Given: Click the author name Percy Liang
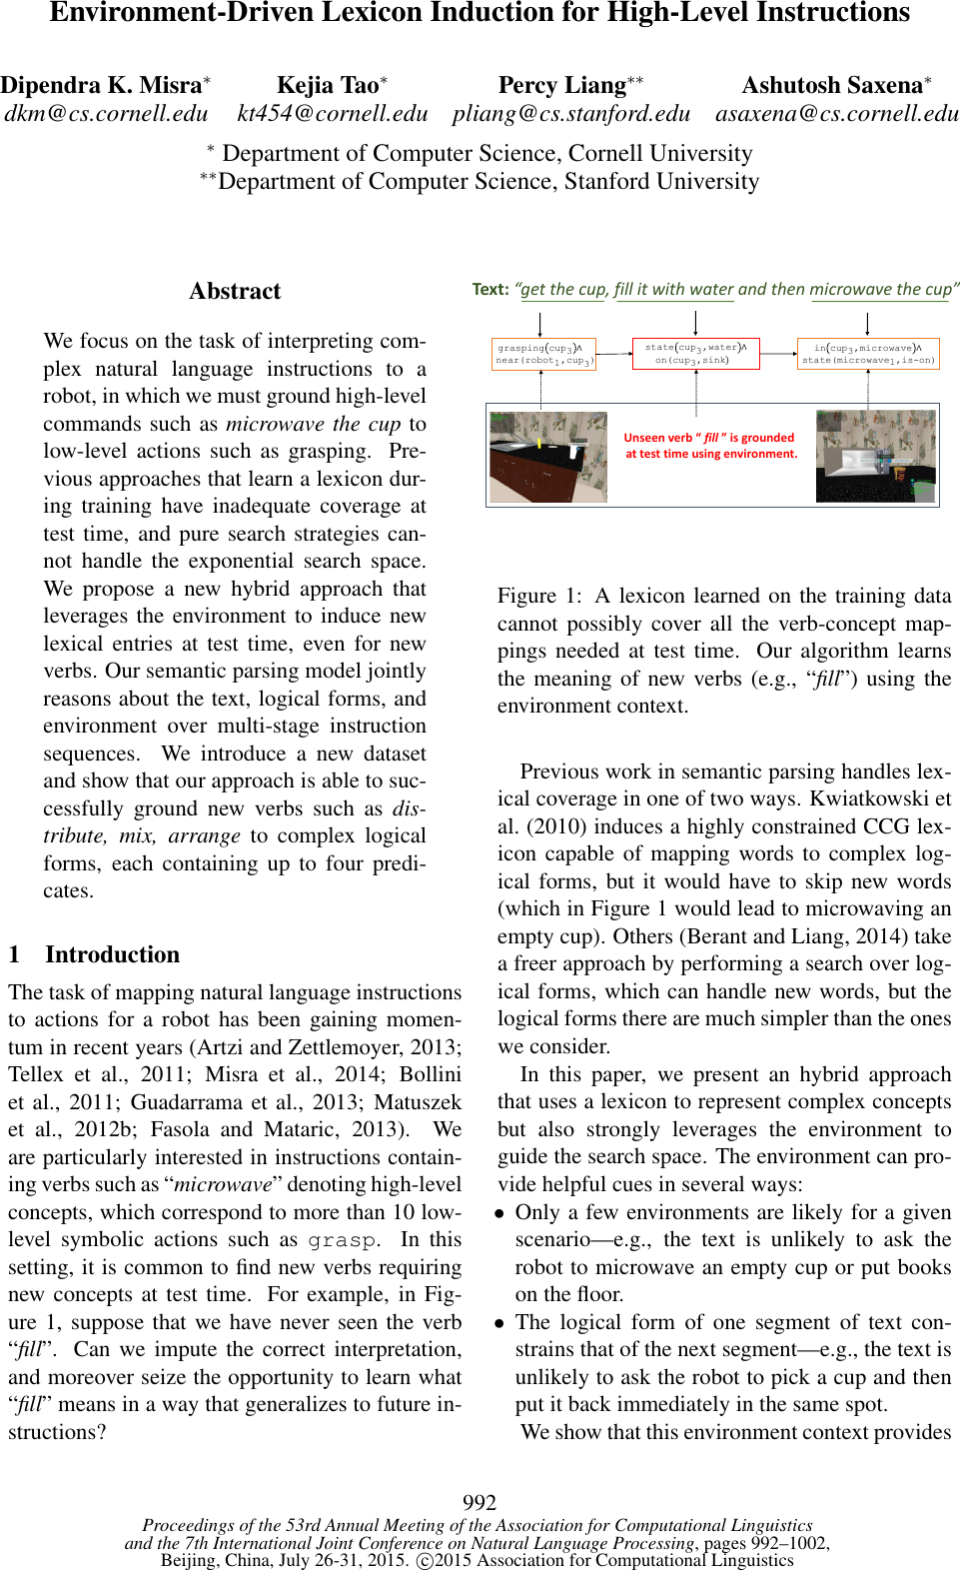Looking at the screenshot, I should tap(562, 85).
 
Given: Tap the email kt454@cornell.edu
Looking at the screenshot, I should tap(333, 113).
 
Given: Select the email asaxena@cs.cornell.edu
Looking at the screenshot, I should tap(836, 113).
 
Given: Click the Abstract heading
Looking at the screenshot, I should tap(235, 291).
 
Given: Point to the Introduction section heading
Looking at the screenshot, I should tap(112, 954).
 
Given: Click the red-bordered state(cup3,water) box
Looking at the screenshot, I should tap(695, 354).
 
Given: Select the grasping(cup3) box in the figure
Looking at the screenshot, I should tap(543, 354).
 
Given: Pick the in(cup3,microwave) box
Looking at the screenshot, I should tap(868, 354).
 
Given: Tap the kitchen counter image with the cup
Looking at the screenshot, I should tap(547, 456).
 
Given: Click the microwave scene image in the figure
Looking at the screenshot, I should tap(876, 456).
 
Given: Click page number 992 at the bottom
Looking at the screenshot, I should tap(480, 1502).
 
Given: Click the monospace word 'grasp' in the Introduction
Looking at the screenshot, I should tap(342, 1240).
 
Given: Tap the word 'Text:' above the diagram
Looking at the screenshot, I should tap(489, 289).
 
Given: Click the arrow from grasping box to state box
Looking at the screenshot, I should tap(613, 354).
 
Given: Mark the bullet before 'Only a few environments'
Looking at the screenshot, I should tap(500, 1213).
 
